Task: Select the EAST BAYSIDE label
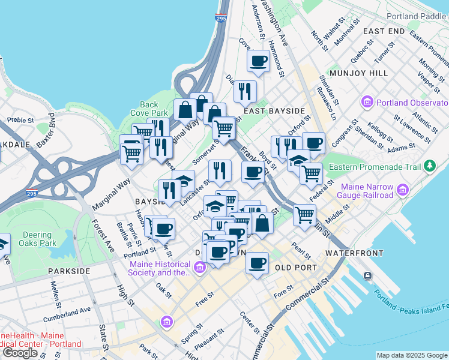coord(274,111)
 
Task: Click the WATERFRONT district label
coord(354,253)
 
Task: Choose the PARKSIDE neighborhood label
coord(70,271)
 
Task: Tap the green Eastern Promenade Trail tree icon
coord(429,165)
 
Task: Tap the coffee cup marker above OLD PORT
coord(258,263)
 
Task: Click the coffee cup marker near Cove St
coord(259,61)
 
